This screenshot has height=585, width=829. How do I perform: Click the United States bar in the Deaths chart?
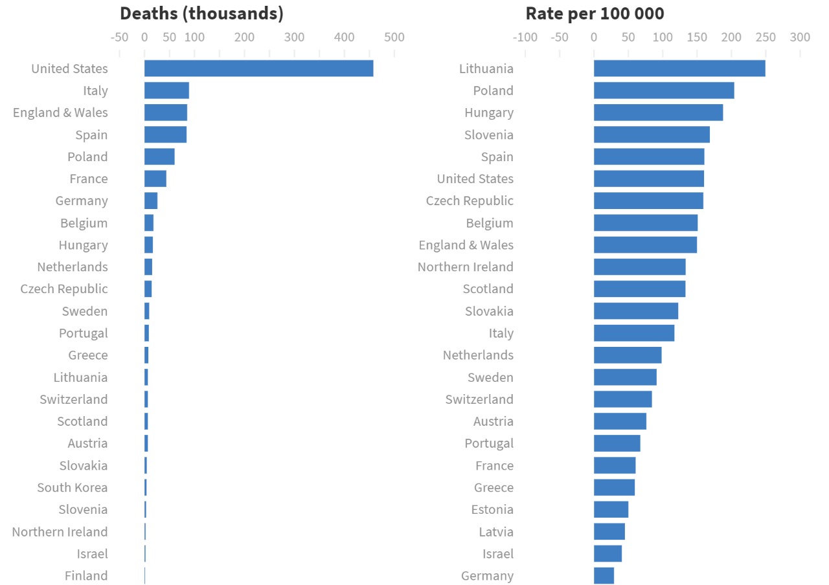[x=258, y=69]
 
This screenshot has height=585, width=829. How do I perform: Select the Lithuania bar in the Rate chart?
[x=679, y=69]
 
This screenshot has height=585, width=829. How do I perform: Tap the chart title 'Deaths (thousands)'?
[x=201, y=14]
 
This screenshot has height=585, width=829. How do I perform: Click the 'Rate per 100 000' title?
[x=595, y=14]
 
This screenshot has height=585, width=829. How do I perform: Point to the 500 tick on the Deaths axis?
[x=394, y=37]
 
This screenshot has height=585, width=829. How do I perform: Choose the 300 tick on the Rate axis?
[x=801, y=37]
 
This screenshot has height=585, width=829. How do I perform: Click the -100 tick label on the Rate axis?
[x=525, y=37]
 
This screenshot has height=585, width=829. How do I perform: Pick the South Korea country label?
[x=73, y=487]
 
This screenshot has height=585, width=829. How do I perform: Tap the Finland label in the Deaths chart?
[x=86, y=575]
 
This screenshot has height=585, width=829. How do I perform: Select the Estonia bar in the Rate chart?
[x=611, y=509]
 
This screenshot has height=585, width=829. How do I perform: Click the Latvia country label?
[x=496, y=531]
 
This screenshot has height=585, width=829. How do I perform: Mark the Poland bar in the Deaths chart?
[x=159, y=157]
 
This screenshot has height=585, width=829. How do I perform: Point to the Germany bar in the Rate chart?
[x=604, y=575]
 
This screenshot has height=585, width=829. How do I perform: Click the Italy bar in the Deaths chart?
[x=166, y=91]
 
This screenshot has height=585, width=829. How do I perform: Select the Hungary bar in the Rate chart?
[x=658, y=113]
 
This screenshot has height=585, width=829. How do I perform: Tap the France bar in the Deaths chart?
[x=155, y=179]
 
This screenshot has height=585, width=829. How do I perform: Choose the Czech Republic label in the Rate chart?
[x=470, y=201]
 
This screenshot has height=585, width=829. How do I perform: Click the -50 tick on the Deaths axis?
[x=120, y=37]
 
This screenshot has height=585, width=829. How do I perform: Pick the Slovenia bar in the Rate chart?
[x=652, y=135]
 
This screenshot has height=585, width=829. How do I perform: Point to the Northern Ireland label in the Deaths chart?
[x=60, y=531]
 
